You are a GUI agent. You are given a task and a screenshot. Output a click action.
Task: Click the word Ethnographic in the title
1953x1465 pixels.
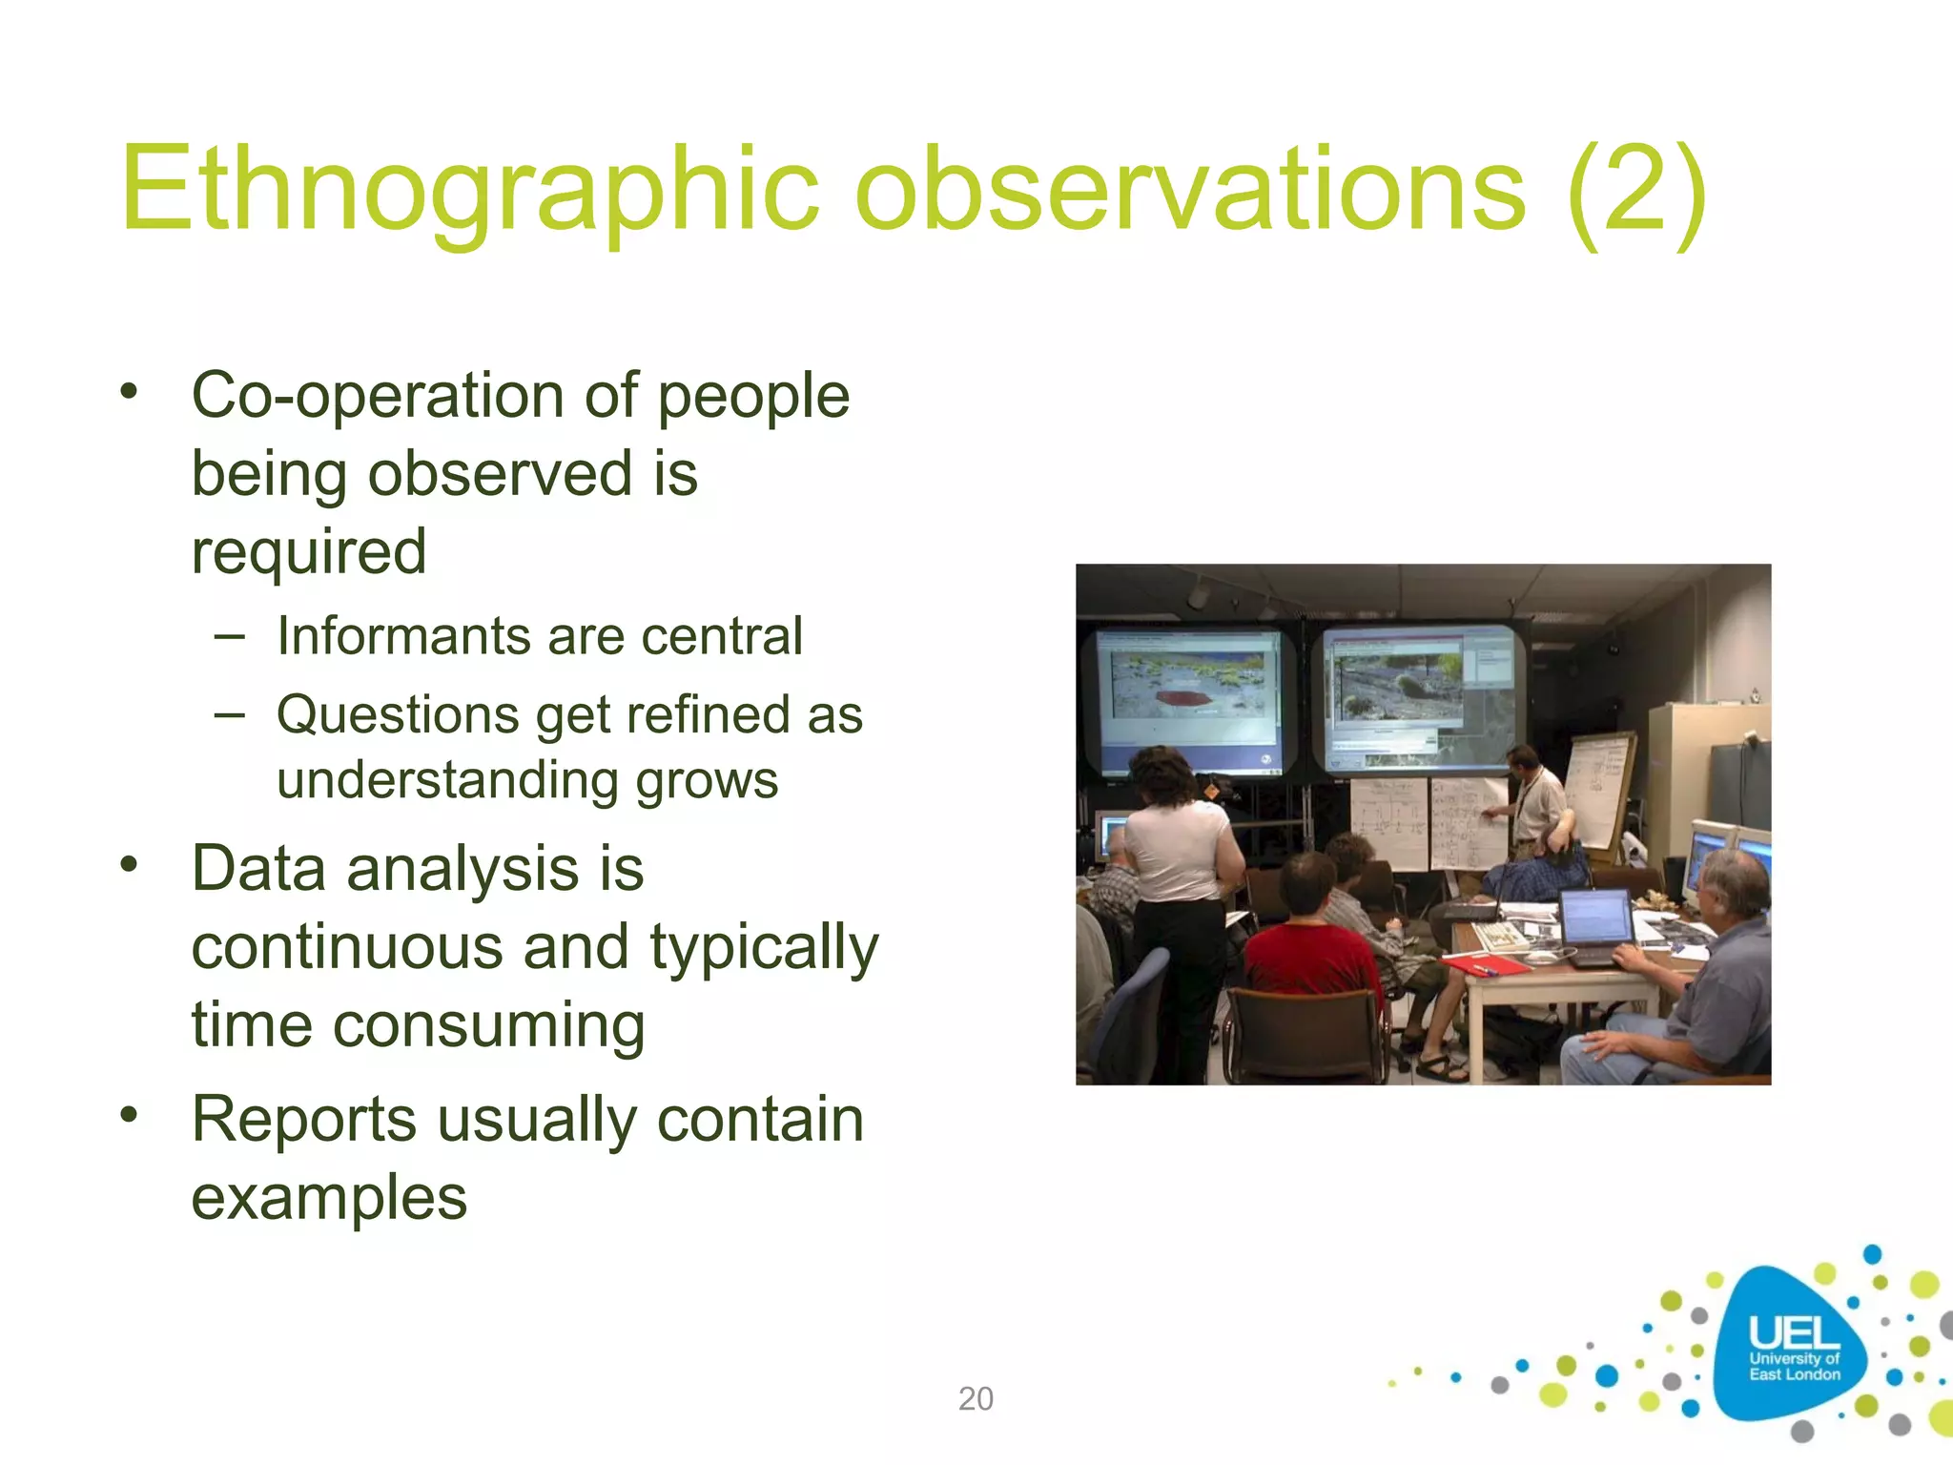467,191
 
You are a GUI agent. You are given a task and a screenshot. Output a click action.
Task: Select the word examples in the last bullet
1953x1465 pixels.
329,1198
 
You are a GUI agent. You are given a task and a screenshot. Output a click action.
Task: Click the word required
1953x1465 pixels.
308,552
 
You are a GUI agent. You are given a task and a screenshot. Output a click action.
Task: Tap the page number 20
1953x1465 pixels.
976,1398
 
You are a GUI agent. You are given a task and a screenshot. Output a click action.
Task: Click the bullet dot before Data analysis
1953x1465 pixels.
130,865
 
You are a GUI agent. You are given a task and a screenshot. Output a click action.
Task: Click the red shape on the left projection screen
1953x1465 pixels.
1184,698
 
